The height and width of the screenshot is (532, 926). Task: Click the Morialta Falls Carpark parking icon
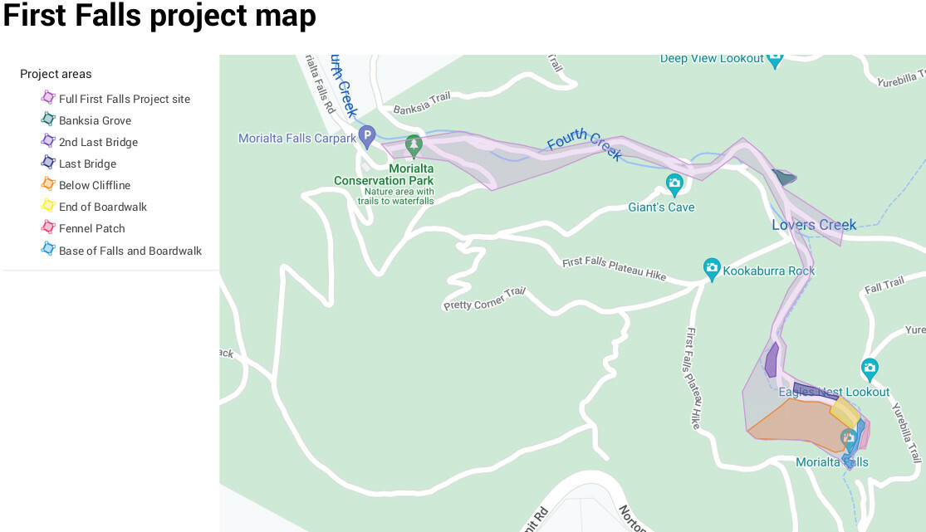[x=367, y=136]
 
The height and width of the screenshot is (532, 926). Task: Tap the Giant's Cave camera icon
[x=674, y=183]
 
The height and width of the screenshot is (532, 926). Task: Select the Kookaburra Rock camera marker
[x=712, y=268]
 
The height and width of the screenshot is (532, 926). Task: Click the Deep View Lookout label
[x=711, y=58]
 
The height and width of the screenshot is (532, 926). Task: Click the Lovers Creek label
[x=813, y=225]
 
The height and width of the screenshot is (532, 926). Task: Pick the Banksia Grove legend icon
[x=48, y=120]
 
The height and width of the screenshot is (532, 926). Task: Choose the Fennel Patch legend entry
[x=91, y=228]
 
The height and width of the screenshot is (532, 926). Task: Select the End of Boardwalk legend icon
[x=48, y=206]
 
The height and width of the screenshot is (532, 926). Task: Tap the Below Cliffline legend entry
[x=94, y=185]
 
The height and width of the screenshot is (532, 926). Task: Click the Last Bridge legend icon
[x=48, y=163]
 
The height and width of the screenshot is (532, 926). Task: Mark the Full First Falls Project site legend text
[x=124, y=99]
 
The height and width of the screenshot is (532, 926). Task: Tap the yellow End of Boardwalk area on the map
[x=844, y=411]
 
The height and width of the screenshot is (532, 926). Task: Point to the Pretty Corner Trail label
[x=485, y=300]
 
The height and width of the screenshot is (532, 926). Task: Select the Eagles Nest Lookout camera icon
[x=870, y=368]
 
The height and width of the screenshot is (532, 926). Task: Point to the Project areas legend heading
[x=56, y=74]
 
